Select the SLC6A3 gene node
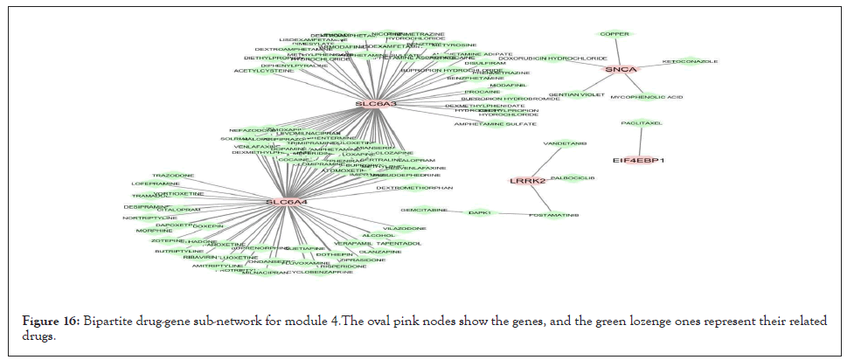point(376,105)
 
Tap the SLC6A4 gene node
point(287,203)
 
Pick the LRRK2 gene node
point(527,181)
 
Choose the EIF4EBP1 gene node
point(639,161)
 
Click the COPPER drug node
point(614,34)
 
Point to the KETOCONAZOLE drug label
point(690,62)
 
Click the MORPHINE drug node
point(153,231)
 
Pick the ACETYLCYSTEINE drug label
point(264,71)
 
